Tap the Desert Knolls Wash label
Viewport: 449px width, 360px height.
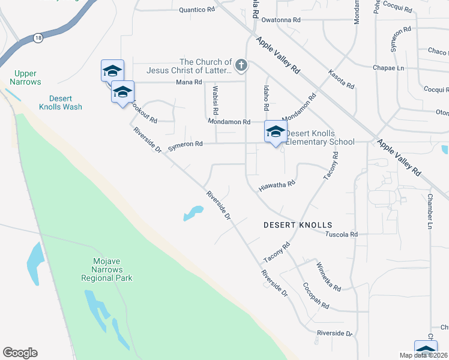[61, 103]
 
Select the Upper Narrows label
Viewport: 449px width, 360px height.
[25, 77]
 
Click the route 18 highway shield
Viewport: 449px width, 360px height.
[38, 37]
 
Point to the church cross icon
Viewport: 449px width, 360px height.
[241, 64]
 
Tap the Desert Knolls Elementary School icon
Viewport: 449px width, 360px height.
[276, 132]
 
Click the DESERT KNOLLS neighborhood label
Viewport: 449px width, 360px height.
[298, 225]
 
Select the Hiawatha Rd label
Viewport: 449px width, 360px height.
[277, 185]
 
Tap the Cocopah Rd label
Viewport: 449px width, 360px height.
[316, 295]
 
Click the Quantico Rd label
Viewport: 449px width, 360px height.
[197, 10]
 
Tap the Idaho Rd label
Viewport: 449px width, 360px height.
[265, 97]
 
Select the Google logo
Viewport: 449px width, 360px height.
[20, 353]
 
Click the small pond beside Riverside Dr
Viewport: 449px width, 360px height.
[192, 213]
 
